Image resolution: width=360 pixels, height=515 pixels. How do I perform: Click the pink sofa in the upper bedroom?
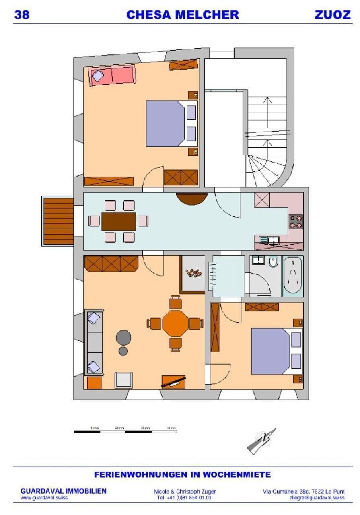(112, 75)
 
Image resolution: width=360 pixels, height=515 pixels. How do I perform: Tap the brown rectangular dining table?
(119, 221)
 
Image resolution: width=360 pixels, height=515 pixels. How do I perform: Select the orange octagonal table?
(175, 323)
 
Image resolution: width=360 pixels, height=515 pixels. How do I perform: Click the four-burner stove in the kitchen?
(296, 222)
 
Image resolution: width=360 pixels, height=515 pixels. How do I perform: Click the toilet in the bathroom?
(273, 262)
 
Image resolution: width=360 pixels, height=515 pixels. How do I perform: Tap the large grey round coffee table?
(123, 338)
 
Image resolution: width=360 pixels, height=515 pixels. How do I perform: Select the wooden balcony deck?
(59, 221)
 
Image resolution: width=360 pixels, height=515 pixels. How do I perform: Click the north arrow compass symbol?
(261, 441)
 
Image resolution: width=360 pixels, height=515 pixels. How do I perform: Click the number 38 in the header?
(22, 15)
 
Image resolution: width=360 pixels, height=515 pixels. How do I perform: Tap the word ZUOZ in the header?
(332, 15)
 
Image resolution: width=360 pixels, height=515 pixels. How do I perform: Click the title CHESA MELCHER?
(183, 15)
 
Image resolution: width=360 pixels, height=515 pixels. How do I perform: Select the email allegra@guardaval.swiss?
(317, 498)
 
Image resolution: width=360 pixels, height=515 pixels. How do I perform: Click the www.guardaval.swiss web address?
(44, 498)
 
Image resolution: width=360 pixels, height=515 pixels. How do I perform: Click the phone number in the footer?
(184, 498)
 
